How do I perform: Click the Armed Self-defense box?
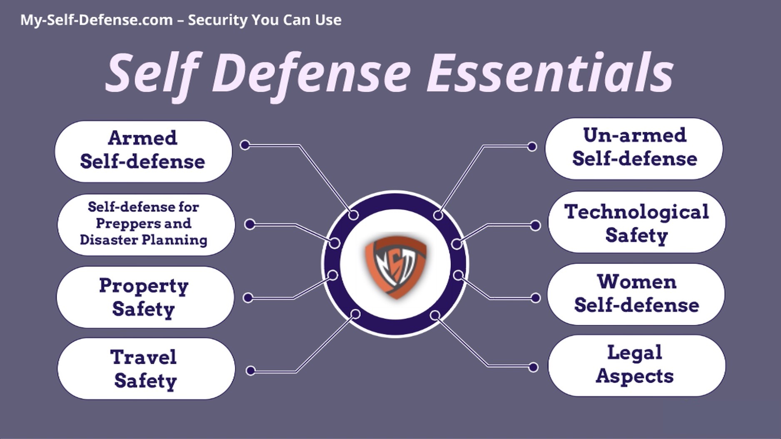(143, 151)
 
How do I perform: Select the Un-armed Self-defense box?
(634, 149)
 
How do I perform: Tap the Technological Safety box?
(636, 222)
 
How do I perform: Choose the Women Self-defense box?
(636, 294)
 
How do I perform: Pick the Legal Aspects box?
(636, 366)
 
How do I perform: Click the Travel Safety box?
(146, 369)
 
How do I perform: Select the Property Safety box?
(145, 297)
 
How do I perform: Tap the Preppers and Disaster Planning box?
(146, 225)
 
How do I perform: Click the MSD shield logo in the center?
(395, 267)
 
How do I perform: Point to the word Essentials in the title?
(550, 73)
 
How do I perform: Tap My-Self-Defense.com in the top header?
(97, 20)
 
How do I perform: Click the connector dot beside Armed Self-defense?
(245, 145)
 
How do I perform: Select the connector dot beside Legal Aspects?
(533, 367)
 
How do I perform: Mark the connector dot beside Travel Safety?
(250, 371)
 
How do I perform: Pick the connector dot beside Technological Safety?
(535, 226)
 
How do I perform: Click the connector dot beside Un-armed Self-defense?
(532, 146)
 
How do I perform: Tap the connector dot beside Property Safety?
(248, 298)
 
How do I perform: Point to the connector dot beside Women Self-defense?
(536, 298)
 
